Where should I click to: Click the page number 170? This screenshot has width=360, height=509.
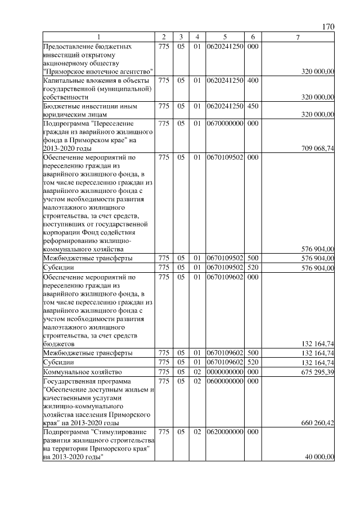pyautogui.click(x=328, y=26)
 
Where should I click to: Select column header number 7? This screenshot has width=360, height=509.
pyautogui.click(x=298, y=37)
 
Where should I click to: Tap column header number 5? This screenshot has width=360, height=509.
pyautogui.click(x=224, y=37)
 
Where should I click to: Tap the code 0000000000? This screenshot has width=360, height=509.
pyautogui.click(x=224, y=372)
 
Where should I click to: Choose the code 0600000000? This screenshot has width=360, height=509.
pyautogui.click(x=224, y=381)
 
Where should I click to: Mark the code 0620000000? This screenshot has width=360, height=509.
pyautogui.click(x=224, y=431)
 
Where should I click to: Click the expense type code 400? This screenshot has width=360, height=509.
pyautogui.click(x=253, y=80)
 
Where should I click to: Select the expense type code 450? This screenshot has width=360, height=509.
pyautogui.click(x=253, y=106)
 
